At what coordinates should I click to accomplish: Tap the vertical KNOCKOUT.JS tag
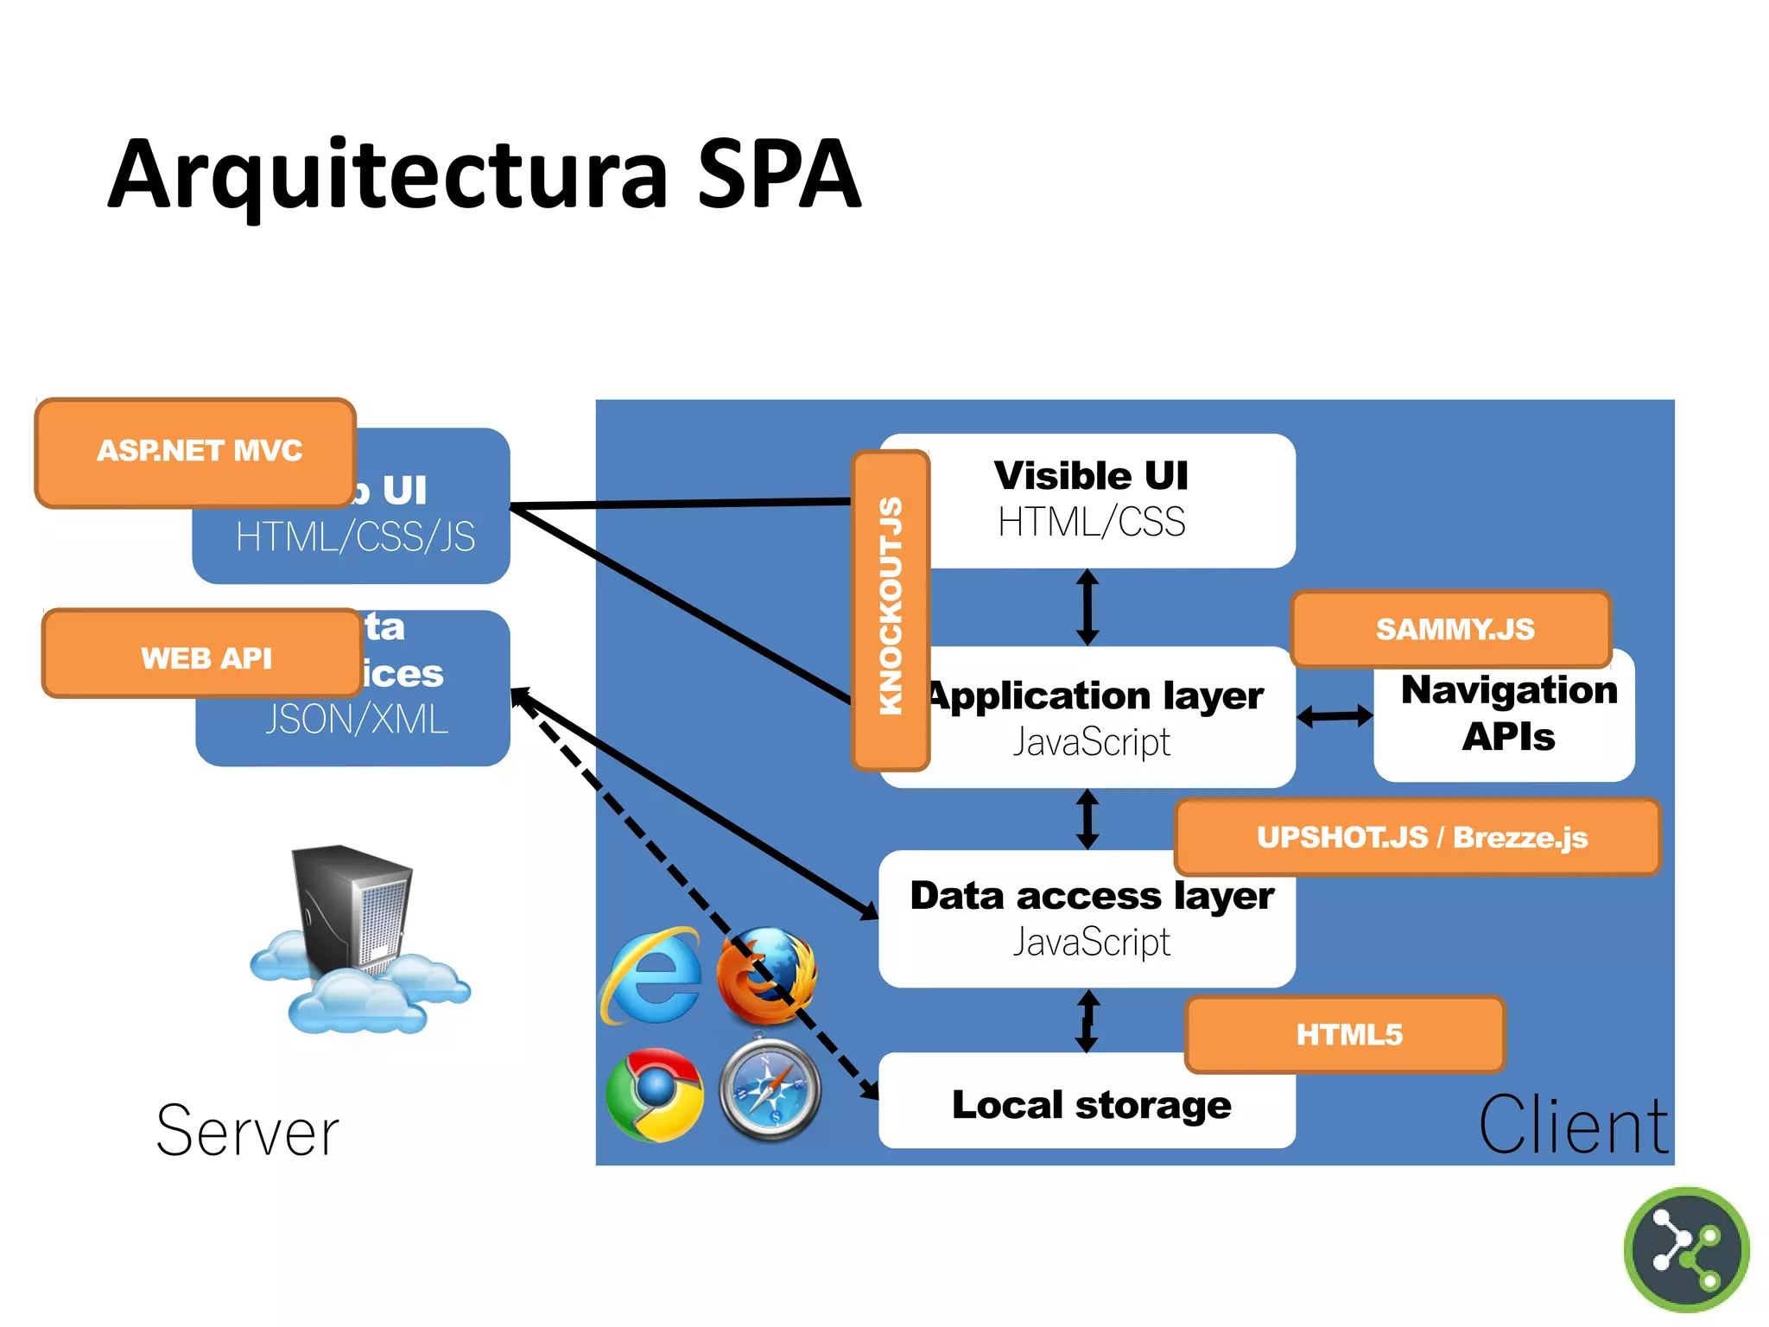pyautogui.click(x=891, y=608)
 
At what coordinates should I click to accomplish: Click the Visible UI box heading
pyautogui.click(x=1090, y=476)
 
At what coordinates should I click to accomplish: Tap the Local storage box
pyautogui.click(x=1090, y=1105)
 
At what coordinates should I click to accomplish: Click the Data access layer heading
pyautogui.click(x=1090, y=896)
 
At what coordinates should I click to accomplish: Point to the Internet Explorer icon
pyautogui.click(x=653, y=976)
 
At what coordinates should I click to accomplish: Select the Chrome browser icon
pyautogui.click(x=655, y=1094)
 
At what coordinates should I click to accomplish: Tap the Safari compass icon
pyautogui.click(x=770, y=1091)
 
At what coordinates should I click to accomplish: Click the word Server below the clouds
pyautogui.click(x=248, y=1132)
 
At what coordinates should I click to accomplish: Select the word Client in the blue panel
pyautogui.click(x=1574, y=1126)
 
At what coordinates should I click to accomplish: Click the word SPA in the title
pyautogui.click(x=779, y=175)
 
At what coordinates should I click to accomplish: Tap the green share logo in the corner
pyautogui.click(x=1685, y=1250)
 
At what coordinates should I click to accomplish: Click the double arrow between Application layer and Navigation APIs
pyautogui.click(x=1335, y=716)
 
